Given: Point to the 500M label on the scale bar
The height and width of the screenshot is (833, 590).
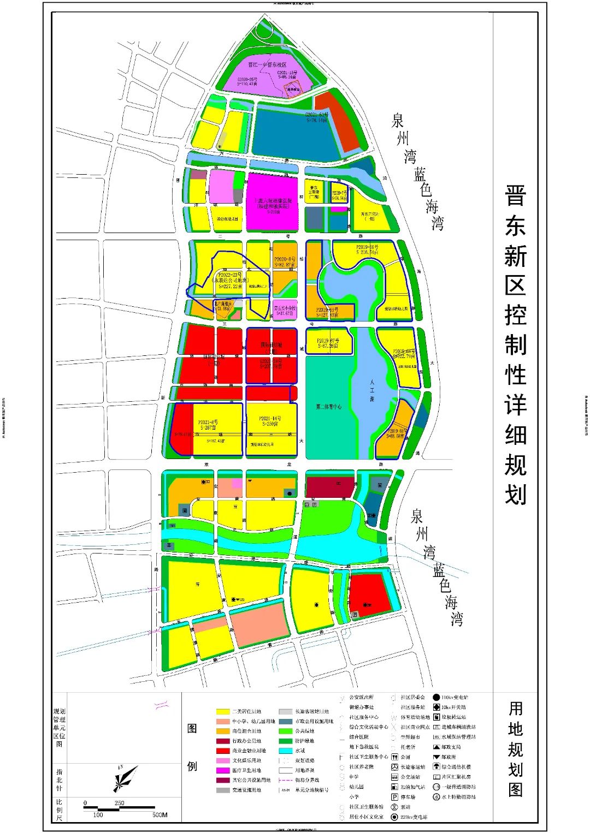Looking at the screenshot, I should (x=160, y=815).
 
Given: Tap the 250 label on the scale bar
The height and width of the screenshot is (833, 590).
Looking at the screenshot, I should (x=119, y=803).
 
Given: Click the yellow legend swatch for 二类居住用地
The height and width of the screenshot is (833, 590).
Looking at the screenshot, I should (x=223, y=711).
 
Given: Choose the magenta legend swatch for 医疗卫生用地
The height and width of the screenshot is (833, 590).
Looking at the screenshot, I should (x=223, y=770).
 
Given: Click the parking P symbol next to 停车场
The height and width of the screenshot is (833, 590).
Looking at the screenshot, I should (x=394, y=797).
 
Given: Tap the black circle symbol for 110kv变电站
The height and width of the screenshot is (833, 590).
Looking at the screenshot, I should (x=436, y=697).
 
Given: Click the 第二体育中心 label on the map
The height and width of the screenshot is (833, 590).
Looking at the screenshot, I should (x=328, y=407).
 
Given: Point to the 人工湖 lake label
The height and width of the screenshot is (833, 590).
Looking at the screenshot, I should (x=372, y=391).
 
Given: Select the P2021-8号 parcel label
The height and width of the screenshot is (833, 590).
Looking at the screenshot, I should (x=208, y=422).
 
